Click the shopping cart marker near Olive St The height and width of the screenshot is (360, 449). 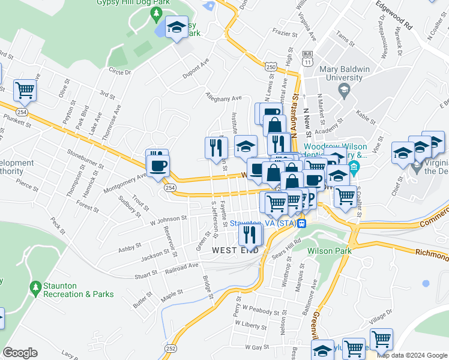pos(25,91)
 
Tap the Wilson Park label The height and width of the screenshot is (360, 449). pos(328,251)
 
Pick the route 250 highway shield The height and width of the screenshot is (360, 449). pos(271,67)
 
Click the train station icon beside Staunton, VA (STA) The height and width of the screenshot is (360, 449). pos(303,224)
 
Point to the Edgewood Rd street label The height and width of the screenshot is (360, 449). pos(394,15)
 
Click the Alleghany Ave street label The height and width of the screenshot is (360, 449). pos(223,97)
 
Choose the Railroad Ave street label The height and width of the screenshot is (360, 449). pos(184,266)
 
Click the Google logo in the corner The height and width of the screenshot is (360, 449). pos(20,353)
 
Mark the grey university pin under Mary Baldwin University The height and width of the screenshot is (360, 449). pos(344,91)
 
